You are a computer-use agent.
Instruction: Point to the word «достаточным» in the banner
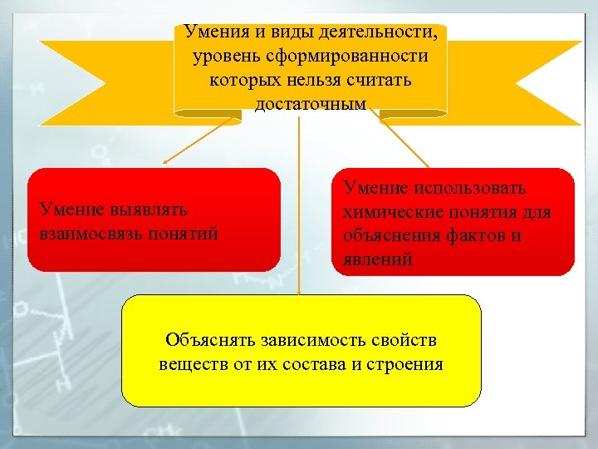311,106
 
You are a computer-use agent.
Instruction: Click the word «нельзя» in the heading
327,81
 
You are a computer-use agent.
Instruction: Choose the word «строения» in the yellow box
407,364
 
